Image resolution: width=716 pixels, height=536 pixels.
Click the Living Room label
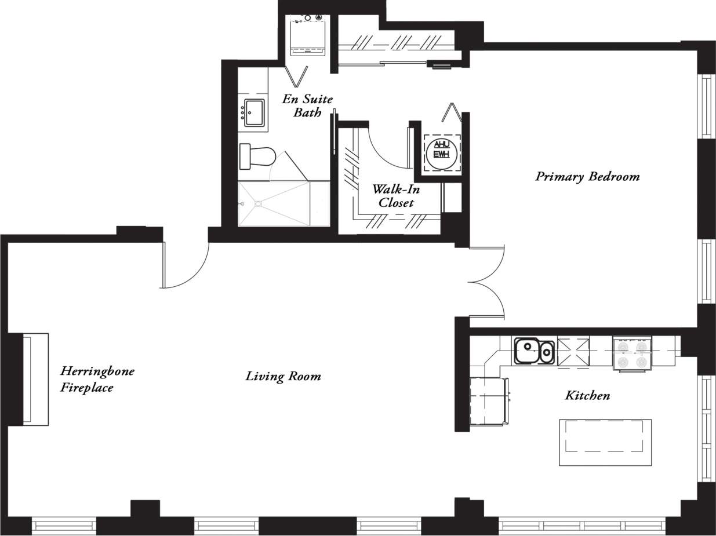pyautogui.click(x=283, y=376)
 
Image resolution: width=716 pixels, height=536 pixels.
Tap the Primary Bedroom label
pyautogui.click(x=587, y=176)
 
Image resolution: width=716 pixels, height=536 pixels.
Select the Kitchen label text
pyautogui.click(x=587, y=395)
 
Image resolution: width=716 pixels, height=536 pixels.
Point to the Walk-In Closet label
pyautogui.click(x=396, y=196)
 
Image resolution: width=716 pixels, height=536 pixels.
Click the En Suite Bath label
pyautogui.click(x=307, y=105)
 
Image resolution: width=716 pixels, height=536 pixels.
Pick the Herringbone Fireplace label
pyautogui.click(x=97, y=379)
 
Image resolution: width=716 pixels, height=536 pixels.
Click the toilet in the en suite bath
pyautogui.click(x=258, y=156)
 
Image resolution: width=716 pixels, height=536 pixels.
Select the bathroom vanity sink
pyautogui.click(x=254, y=112)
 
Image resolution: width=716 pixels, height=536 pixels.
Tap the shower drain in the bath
pyautogui.click(x=258, y=203)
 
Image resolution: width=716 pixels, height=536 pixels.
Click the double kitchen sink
pyautogui.click(x=534, y=351)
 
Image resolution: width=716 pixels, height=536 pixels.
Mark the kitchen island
pyautogui.click(x=605, y=442)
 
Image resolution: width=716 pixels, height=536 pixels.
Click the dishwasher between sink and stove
pyautogui.click(x=573, y=352)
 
